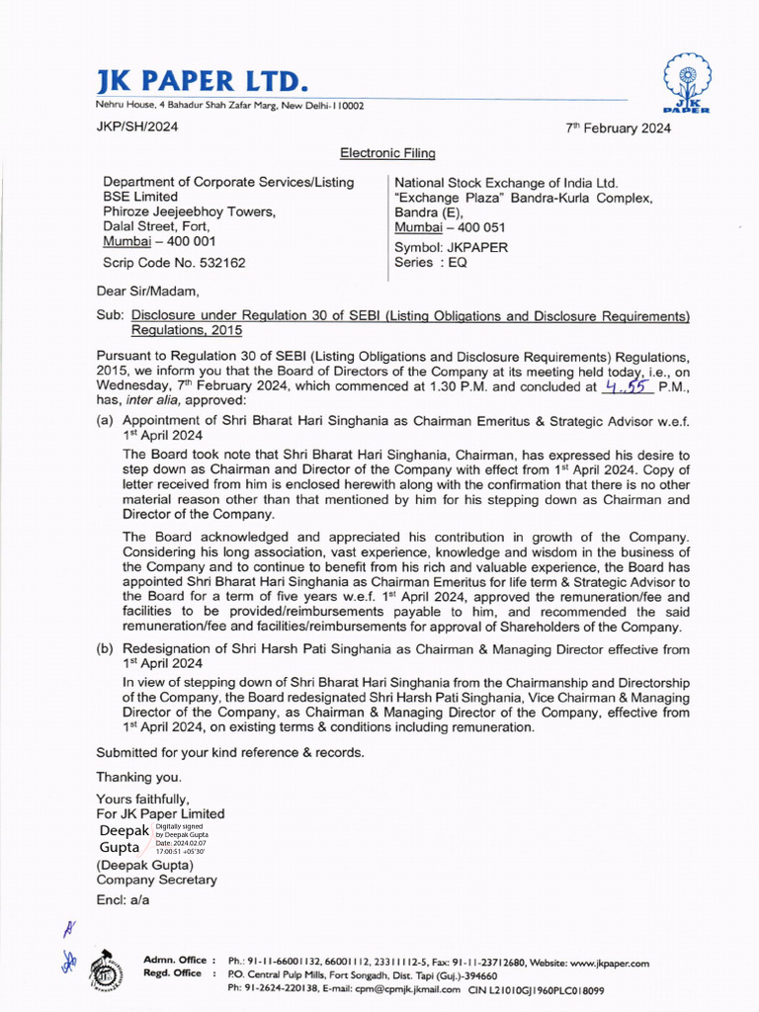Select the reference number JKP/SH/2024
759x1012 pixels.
point(137,126)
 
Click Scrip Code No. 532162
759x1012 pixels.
point(175,263)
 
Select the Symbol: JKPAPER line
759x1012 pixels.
point(451,247)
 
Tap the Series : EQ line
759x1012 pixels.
point(431,263)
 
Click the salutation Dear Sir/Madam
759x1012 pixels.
point(147,292)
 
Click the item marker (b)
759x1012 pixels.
point(105,648)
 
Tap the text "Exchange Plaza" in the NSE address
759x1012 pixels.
point(445,198)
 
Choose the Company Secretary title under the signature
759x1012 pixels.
point(156,880)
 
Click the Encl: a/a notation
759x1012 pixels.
point(123,900)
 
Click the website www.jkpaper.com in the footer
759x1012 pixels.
point(609,963)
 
